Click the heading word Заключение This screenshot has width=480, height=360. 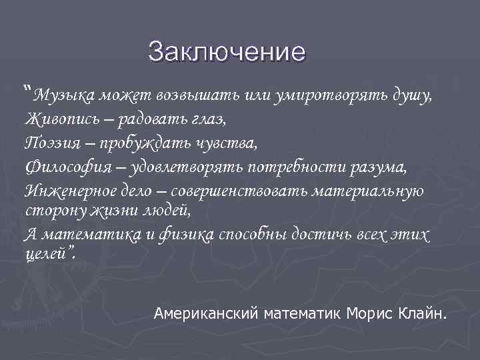(x=227, y=51)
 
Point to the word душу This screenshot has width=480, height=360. (x=415, y=95)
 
